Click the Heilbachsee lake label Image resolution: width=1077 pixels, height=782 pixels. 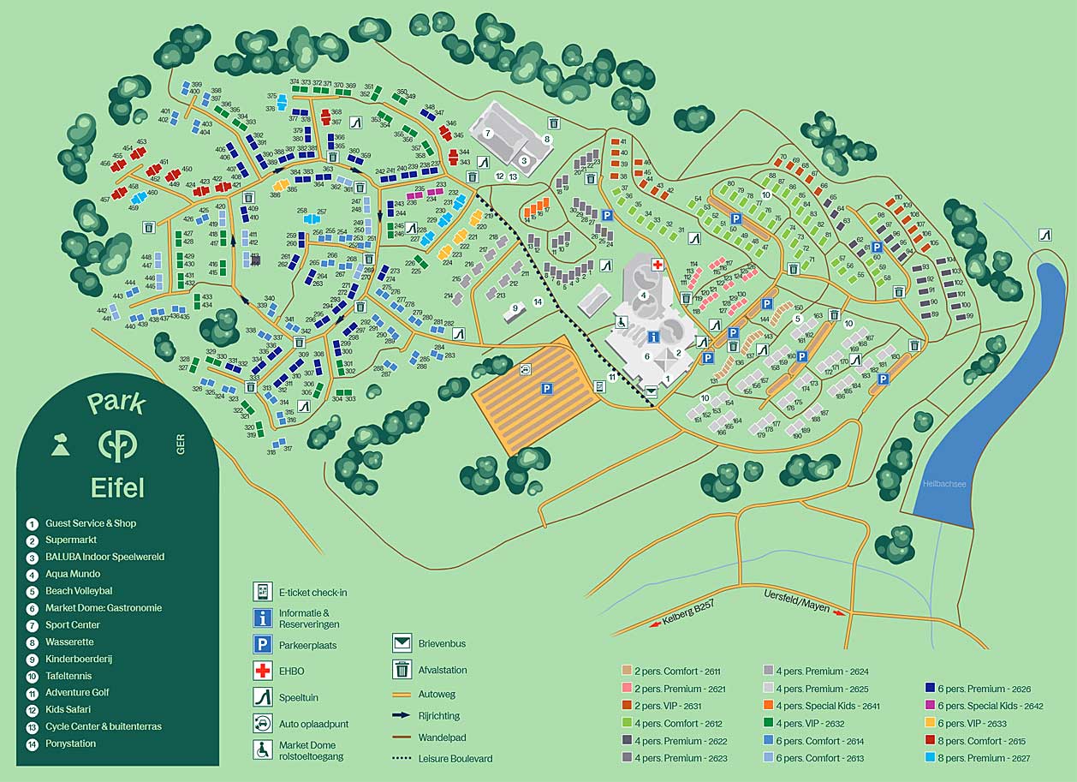click(x=944, y=484)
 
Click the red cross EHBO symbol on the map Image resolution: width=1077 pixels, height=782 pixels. click(x=658, y=265)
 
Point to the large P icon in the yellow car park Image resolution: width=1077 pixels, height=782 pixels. click(x=545, y=389)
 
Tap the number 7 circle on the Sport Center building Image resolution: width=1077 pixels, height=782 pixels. click(x=487, y=133)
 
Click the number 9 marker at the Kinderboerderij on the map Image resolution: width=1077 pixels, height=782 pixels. click(x=515, y=308)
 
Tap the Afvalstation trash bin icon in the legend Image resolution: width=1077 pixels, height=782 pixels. click(x=402, y=670)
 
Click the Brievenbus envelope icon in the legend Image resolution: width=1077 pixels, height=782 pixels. click(x=402, y=643)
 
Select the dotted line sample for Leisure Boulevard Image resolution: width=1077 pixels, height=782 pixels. click(x=402, y=758)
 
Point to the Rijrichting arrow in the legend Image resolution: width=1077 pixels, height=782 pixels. click(x=402, y=715)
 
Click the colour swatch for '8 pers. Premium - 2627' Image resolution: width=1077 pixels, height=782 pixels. click(x=930, y=758)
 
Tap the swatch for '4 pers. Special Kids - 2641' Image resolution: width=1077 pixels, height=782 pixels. click(x=768, y=707)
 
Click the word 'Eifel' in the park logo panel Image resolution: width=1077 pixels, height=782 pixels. click(x=117, y=488)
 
